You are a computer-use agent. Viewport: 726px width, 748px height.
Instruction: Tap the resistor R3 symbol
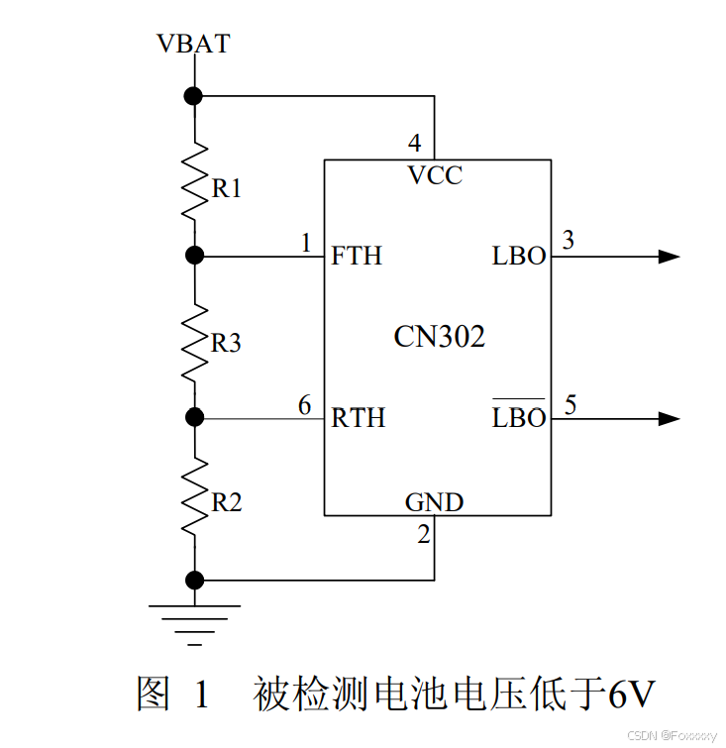pyautogui.click(x=194, y=337)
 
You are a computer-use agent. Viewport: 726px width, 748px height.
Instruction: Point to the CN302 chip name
pyautogui.click(x=439, y=337)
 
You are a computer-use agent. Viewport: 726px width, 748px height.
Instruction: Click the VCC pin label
pyautogui.click(x=435, y=175)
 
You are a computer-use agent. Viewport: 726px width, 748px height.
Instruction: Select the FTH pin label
pyautogui.click(x=357, y=256)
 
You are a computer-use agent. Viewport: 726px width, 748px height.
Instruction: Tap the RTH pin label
pyautogui.click(x=358, y=418)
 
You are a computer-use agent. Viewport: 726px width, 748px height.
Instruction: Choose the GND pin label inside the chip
pyautogui.click(x=434, y=502)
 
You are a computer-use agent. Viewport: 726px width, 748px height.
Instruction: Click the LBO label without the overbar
pyautogui.click(x=519, y=256)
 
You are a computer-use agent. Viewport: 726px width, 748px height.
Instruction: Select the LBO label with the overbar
pyautogui.click(x=519, y=417)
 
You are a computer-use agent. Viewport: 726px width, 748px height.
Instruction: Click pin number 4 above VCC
pyautogui.click(x=414, y=142)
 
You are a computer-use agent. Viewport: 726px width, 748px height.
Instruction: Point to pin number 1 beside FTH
pyautogui.click(x=306, y=243)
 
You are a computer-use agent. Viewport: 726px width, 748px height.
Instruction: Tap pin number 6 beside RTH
pyautogui.click(x=304, y=404)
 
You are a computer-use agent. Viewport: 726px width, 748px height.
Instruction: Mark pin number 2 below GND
pyautogui.click(x=423, y=535)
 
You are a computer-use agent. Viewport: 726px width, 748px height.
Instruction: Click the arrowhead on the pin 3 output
pyautogui.click(x=669, y=257)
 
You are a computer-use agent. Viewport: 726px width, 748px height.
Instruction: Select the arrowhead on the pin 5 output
pyautogui.click(x=669, y=418)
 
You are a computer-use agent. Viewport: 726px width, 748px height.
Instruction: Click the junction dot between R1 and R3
pyautogui.click(x=194, y=256)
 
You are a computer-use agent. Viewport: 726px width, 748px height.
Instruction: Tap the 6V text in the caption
pyautogui.click(x=630, y=695)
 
